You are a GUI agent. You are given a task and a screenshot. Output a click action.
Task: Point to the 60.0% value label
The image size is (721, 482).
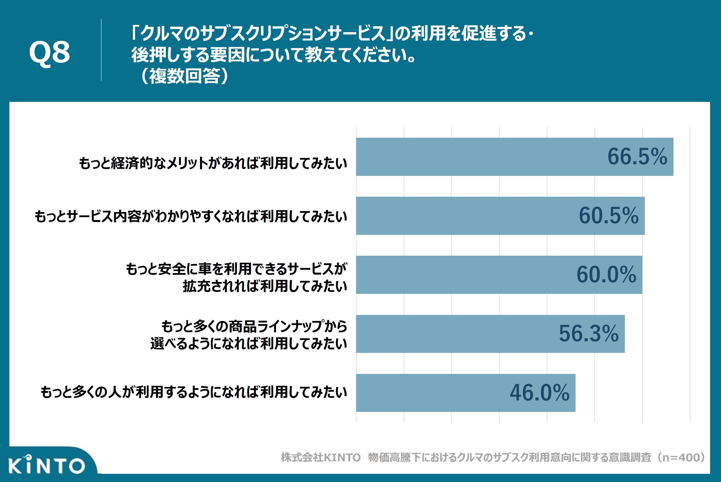click(x=606, y=275)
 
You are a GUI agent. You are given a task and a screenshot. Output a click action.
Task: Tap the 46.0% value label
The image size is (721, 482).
click(x=539, y=393)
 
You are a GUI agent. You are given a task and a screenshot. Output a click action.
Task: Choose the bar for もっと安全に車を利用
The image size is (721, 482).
click(x=461, y=275)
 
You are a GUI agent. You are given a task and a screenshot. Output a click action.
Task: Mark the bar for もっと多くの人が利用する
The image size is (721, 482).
click(x=430, y=393)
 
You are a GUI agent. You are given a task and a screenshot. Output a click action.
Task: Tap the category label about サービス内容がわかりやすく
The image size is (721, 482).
click(x=191, y=216)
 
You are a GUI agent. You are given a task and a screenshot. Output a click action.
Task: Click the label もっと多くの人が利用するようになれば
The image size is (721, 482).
click(x=194, y=392)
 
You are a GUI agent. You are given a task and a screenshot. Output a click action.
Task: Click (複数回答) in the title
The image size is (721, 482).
click(x=184, y=76)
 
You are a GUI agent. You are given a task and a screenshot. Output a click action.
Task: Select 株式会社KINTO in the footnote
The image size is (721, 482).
click(x=320, y=457)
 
